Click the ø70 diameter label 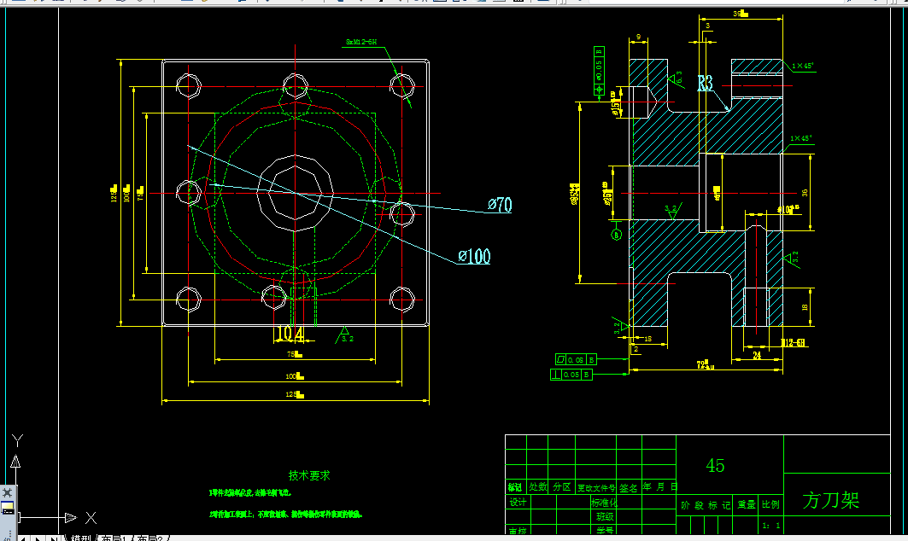[500, 205]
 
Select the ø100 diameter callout [474, 256]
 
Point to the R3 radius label [706, 84]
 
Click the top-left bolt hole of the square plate [188, 84]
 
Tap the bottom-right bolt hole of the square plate [401, 300]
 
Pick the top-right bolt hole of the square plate [401, 84]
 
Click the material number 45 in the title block [715, 465]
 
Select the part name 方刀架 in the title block [830, 500]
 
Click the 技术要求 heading [309, 475]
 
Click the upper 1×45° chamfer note [802, 66]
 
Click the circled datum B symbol [615, 233]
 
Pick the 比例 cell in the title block [770, 505]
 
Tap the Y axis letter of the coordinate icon [16, 439]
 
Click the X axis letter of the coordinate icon [91, 517]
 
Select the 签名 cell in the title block [629, 487]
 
